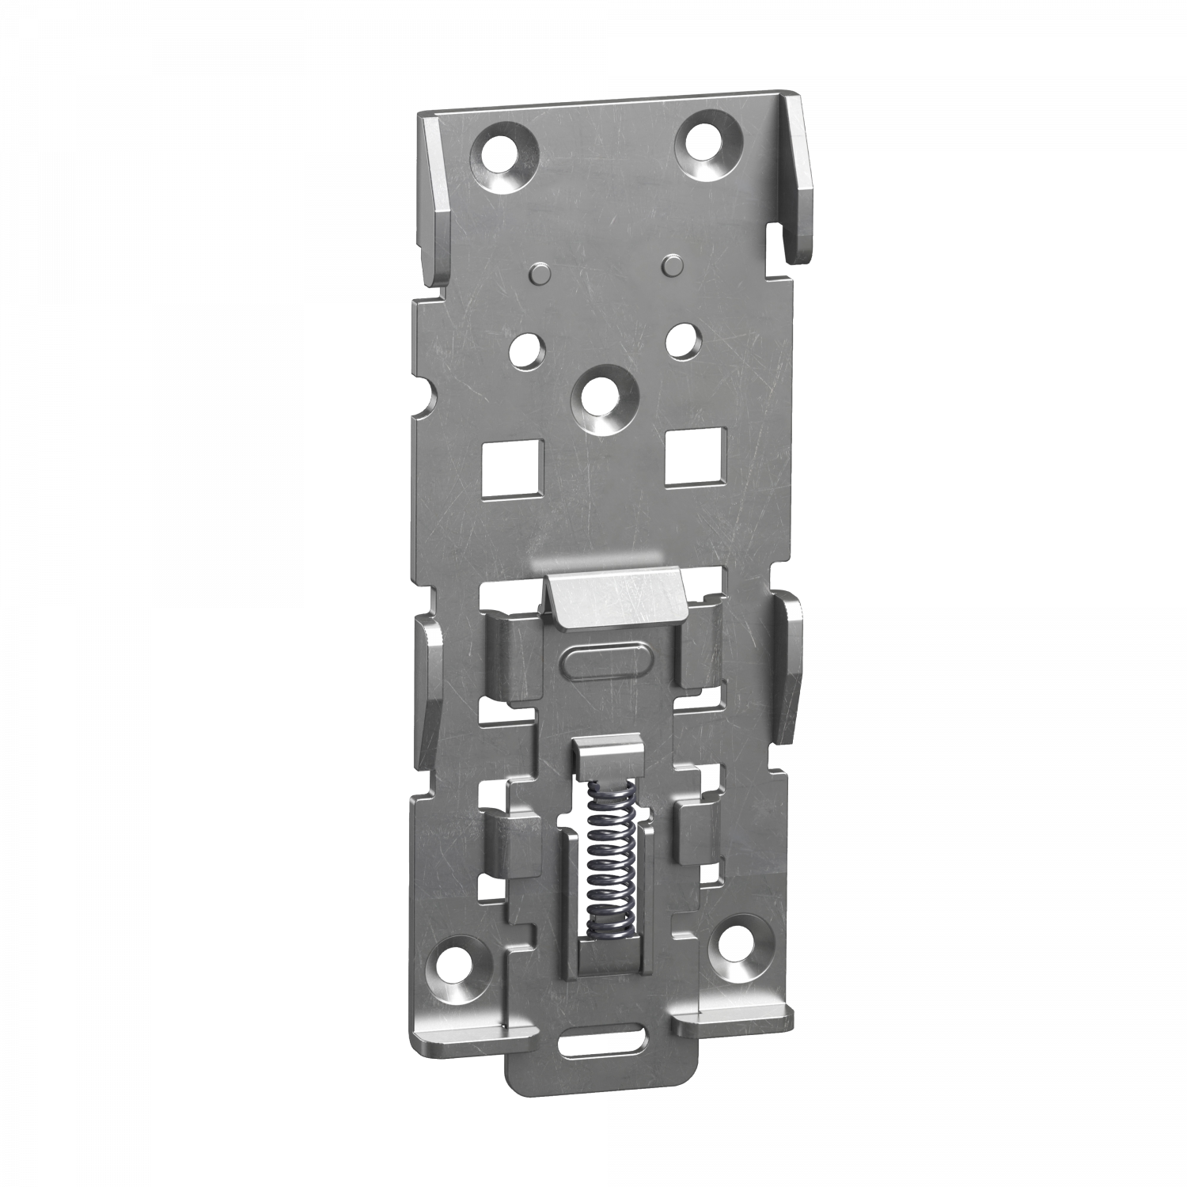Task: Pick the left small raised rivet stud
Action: pos(539,273)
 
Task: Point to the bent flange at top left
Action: pos(436,198)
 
